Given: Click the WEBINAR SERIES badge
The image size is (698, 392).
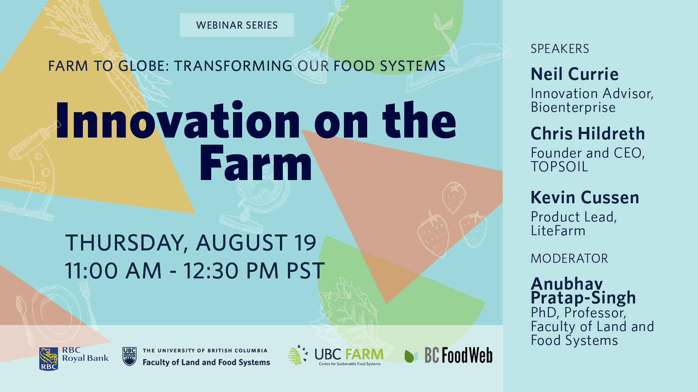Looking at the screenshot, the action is click(x=237, y=25).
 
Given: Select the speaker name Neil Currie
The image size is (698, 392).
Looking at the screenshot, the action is click(x=574, y=74).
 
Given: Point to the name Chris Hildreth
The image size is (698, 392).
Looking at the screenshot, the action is click(x=588, y=134).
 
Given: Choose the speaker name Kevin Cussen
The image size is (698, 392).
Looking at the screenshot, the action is click(x=585, y=197).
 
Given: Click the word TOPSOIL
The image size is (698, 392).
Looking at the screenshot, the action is click(x=559, y=167).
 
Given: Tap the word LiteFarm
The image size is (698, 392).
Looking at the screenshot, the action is click(x=558, y=231).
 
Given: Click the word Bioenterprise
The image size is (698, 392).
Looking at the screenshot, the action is click(x=573, y=107).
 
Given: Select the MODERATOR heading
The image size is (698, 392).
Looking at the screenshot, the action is click(x=569, y=258).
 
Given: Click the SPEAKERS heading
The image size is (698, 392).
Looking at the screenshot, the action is click(x=560, y=49).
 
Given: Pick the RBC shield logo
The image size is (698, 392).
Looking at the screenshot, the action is click(x=49, y=359).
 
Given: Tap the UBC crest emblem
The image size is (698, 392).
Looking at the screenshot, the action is click(x=129, y=356).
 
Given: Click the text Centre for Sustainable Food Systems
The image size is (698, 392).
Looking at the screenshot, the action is click(x=350, y=364).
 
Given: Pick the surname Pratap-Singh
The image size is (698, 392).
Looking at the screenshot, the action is click(x=583, y=298).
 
